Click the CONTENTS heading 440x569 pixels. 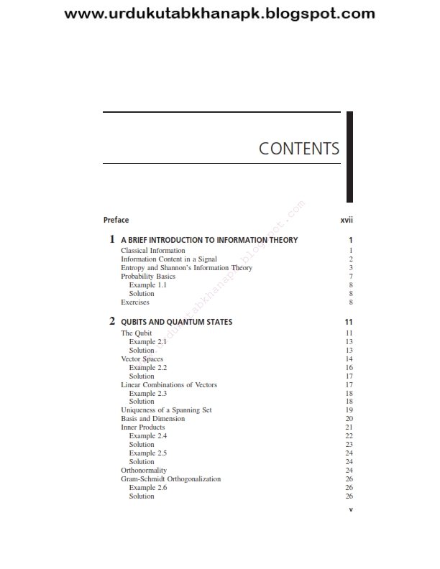(298, 149)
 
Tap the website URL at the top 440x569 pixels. (220, 13)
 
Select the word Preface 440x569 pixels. (116, 220)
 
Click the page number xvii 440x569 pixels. (346, 220)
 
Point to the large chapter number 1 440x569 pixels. (112, 239)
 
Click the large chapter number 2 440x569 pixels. (112, 320)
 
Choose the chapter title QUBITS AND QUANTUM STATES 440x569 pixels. (176, 322)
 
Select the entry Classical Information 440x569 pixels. (153, 251)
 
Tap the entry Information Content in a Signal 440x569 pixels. (169, 259)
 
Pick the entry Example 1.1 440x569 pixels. (147, 285)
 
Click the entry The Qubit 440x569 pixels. (136, 333)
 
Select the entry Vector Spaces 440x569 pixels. (142, 358)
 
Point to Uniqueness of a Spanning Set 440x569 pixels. (166, 410)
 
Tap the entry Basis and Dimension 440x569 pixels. (151, 419)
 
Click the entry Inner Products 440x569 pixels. (142, 427)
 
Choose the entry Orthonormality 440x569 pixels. (144, 471)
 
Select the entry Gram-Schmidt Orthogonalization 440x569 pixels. (171, 479)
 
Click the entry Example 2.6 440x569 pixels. (147, 488)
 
